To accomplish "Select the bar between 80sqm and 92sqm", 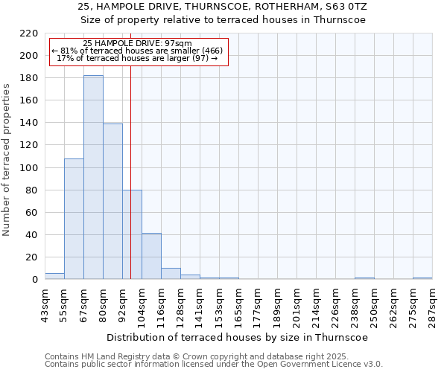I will point(112,201).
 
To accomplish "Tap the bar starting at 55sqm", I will point(74,219).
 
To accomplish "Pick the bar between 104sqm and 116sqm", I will point(151,256).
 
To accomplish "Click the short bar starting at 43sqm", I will point(54,276).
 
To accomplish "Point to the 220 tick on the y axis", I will point(28,33).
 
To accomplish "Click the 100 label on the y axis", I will point(28,168).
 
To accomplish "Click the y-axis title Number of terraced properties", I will point(7,159).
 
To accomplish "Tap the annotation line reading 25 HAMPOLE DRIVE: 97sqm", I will point(137,43).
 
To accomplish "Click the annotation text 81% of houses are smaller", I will point(137,51).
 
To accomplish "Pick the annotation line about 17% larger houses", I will point(137,58).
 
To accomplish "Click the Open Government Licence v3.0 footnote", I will point(213,364).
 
